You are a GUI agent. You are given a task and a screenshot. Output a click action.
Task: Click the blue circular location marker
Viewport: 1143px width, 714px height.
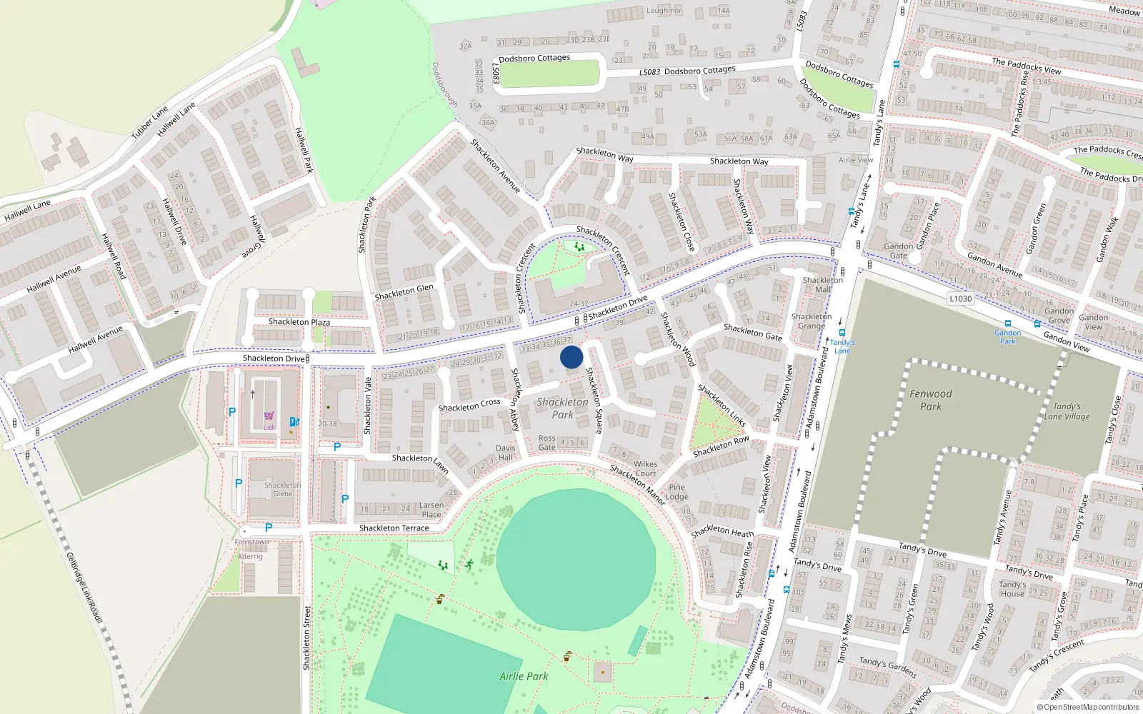[x=571, y=357]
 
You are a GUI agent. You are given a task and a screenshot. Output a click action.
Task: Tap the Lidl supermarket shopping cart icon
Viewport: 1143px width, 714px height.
[x=269, y=416]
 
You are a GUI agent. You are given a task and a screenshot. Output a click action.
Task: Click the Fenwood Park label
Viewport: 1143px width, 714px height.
[x=930, y=400]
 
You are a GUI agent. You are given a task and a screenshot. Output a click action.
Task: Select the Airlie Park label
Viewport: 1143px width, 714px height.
[x=524, y=676]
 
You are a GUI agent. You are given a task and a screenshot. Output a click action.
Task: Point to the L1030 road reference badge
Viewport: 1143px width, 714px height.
[x=960, y=298]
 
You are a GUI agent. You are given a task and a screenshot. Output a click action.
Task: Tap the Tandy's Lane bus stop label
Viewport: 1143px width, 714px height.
[x=842, y=346]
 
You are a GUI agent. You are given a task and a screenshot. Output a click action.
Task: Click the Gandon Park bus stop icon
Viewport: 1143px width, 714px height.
[x=1008, y=323]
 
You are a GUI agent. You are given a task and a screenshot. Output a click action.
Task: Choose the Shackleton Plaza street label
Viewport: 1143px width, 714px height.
[x=299, y=322]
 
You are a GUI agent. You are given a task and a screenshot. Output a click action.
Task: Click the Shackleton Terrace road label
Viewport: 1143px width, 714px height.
[x=394, y=528]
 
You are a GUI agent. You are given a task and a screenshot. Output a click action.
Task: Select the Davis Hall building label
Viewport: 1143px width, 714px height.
[x=505, y=453]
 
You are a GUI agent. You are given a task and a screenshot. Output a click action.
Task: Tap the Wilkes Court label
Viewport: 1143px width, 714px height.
[x=645, y=468]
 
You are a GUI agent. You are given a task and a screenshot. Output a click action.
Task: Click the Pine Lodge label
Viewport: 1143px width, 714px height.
[x=677, y=492]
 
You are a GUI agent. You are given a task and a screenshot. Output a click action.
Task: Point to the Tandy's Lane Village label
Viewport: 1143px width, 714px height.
[x=1067, y=411]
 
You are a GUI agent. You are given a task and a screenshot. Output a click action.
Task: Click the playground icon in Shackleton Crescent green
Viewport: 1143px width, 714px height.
[x=579, y=247]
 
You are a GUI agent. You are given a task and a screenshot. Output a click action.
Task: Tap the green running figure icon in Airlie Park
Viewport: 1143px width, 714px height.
[x=469, y=565]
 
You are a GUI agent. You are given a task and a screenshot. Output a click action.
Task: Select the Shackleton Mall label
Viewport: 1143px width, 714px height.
[x=822, y=285]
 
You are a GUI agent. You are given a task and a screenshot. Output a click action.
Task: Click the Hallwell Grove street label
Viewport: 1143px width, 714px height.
[x=256, y=236]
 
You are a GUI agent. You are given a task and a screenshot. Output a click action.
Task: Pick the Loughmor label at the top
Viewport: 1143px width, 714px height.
[x=664, y=11]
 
